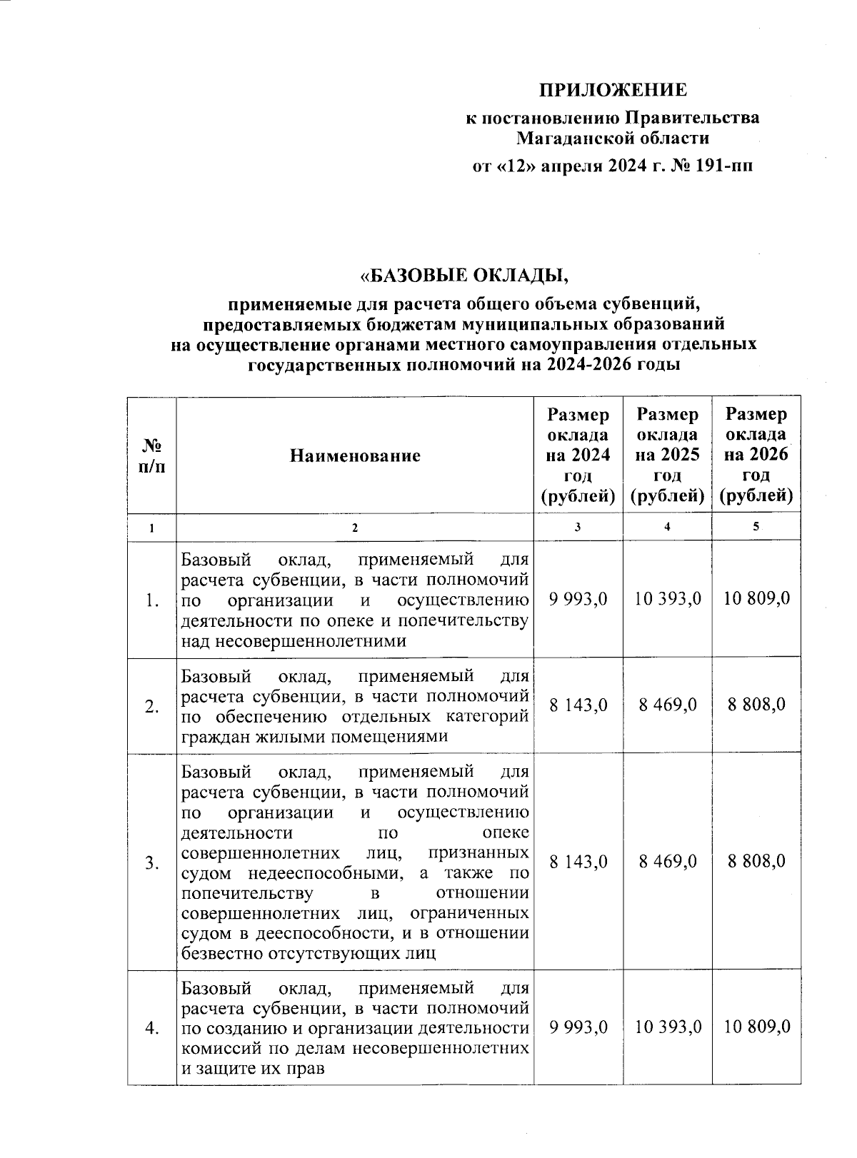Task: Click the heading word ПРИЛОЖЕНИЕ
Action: [x=612, y=90]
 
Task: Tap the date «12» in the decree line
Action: [x=509, y=166]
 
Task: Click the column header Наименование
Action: [x=355, y=455]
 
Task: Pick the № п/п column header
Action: [x=151, y=455]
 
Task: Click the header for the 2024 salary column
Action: [x=578, y=455]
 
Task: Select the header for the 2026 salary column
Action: [x=756, y=455]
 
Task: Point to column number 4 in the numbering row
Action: [x=666, y=527]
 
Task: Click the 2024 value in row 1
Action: [x=578, y=598]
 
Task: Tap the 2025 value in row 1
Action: [x=668, y=598]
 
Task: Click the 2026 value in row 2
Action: [x=756, y=705]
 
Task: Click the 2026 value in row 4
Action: [x=756, y=1027]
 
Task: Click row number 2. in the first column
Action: [x=151, y=706]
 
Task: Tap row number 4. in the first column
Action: [x=151, y=1028]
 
